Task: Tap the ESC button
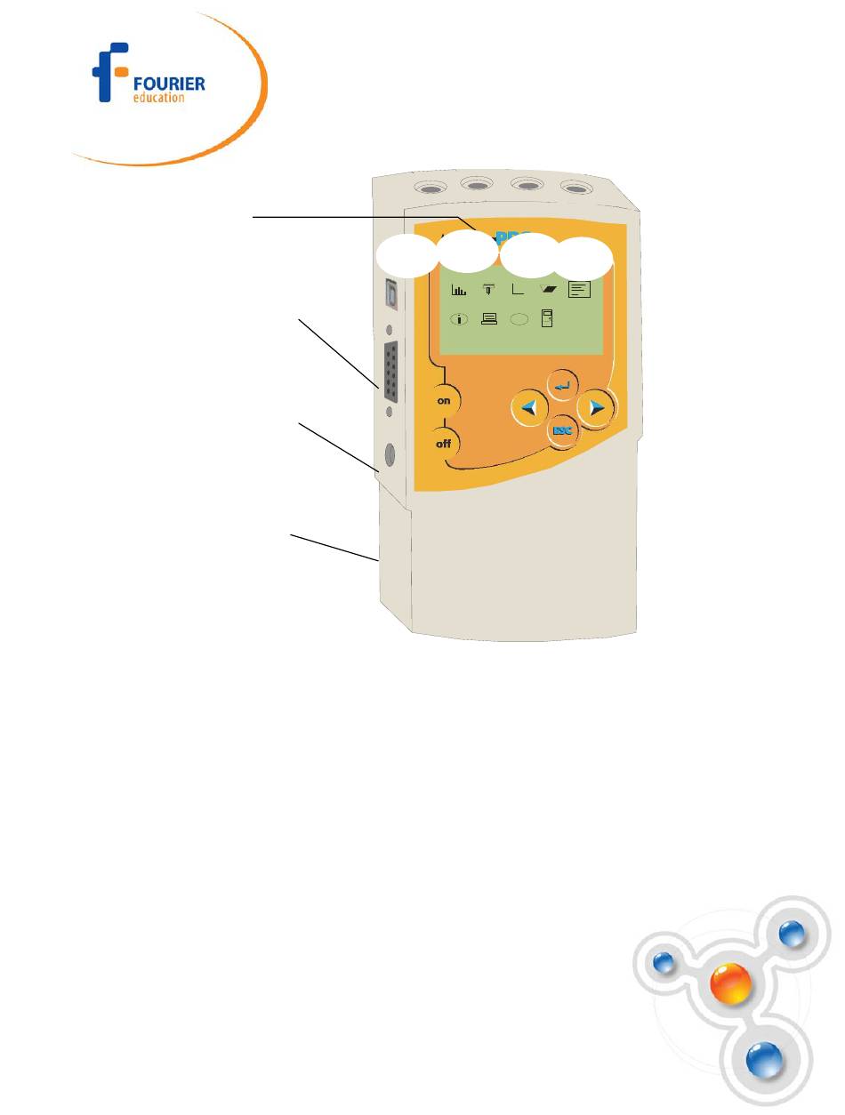(562, 431)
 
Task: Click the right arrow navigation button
(596, 408)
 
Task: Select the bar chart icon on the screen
(459, 289)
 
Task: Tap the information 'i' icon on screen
(459, 320)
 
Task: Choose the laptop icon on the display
(489, 320)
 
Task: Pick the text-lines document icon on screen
(580, 289)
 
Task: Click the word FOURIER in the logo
(168, 84)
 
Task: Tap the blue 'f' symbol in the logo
(111, 71)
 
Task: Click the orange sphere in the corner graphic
(730, 985)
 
